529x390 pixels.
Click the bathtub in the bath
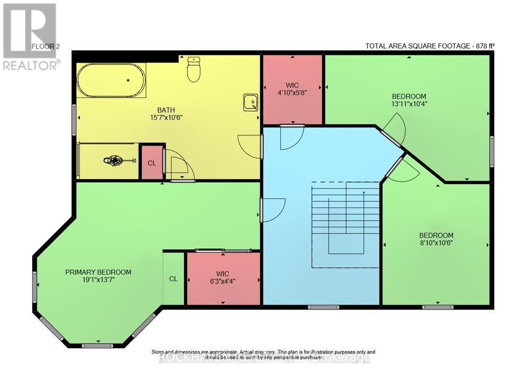[x=112, y=80]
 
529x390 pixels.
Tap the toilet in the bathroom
[x=194, y=70]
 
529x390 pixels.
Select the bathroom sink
[x=251, y=102]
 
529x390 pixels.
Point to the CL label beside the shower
[x=152, y=163]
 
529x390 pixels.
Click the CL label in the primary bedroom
[x=173, y=279]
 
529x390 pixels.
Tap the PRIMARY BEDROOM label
[x=98, y=272]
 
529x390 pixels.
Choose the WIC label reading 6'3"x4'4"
[x=223, y=277]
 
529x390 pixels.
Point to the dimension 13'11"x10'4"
[x=408, y=104]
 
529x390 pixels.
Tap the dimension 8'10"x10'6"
[x=436, y=243]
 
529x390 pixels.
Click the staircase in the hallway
[x=346, y=225]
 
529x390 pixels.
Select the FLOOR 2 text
[x=46, y=47]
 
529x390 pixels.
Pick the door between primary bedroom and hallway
[x=272, y=210]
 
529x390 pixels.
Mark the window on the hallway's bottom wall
[x=324, y=306]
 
